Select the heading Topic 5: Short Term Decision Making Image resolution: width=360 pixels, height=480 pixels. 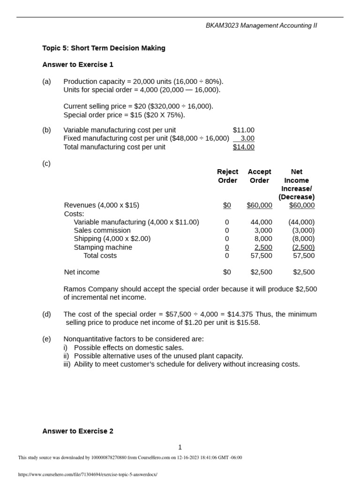click(x=104, y=48)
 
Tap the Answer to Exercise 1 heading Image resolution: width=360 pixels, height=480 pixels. click(x=78, y=65)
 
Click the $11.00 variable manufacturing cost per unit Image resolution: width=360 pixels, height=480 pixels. click(x=243, y=130)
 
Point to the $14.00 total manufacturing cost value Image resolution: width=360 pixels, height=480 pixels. click(x=243, y=147)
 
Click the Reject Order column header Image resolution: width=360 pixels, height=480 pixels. click(x=227, y=176)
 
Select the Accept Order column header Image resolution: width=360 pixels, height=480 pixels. click(x=259, y=176)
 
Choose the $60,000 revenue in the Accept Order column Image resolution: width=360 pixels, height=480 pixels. click(x=259, y=205)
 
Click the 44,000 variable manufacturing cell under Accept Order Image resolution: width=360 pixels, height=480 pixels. click(x=261, y=222)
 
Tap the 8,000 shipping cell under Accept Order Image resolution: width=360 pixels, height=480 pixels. click(x=263, y=239)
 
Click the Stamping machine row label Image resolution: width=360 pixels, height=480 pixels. click(x=103, y=247)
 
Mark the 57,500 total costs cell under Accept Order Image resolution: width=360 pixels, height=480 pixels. click(x=261, y=255)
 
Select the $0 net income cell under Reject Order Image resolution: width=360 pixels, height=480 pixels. click(x=227, y=272)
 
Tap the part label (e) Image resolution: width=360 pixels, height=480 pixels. click(x=46, y=339)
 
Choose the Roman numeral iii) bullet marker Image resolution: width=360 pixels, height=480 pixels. click(x=67, y=364)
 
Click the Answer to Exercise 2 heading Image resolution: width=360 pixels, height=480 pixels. click(x=78, y=431)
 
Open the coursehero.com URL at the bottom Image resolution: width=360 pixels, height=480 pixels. click(x=88, y=474)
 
